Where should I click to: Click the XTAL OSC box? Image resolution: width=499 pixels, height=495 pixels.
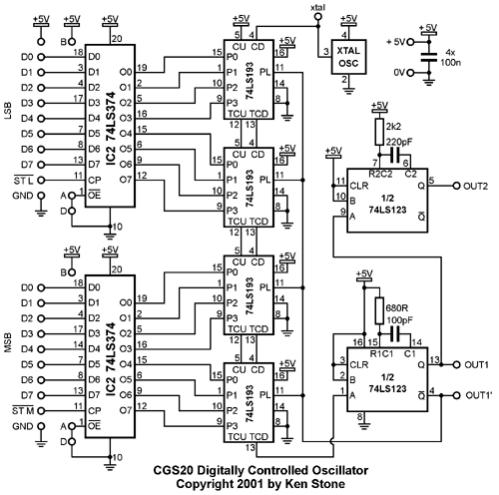point(348,57)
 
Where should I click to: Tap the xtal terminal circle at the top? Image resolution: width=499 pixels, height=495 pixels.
point(318,17)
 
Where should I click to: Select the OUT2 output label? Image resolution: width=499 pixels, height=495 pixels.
point(475,186)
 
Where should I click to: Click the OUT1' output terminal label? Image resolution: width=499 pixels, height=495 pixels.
point(478,395)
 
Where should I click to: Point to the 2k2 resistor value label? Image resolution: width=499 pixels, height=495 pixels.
point(393,127)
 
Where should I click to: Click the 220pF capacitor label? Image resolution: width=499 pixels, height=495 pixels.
point(399,142)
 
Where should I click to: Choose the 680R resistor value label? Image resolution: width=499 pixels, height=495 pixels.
point(396,308)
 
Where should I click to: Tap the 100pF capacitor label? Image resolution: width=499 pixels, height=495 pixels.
point(399,320)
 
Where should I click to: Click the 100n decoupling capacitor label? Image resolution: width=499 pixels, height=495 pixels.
point(450,62)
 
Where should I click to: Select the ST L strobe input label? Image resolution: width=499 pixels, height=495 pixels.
point(23,181)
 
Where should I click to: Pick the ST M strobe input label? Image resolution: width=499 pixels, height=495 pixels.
point(23,411)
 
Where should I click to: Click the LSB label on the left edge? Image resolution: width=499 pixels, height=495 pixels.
point(7,111)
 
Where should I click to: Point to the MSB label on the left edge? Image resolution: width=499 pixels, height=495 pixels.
point(7,342)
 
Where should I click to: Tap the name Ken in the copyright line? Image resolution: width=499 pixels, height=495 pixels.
point(295,483)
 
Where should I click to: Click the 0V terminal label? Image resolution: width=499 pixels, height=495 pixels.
point(399,72)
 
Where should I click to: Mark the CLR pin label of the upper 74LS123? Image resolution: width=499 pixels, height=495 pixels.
point(359,186)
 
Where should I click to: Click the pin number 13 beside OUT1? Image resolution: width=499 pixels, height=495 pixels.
point(434,359)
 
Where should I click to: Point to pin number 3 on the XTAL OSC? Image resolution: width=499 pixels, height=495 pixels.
point(326,51)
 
